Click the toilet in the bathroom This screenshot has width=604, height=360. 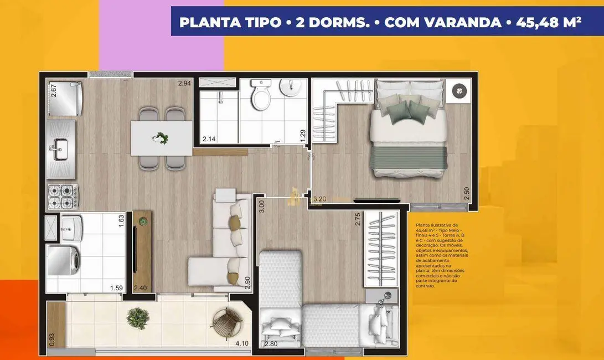point(260,95)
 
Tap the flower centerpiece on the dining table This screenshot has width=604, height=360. point(162,138)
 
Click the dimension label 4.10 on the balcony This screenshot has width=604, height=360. point(241,343)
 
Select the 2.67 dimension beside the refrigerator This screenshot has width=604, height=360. point(54,90)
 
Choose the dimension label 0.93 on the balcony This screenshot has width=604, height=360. point(52,339)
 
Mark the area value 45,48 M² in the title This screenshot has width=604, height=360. point(548,23)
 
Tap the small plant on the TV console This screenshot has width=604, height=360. point(143,222)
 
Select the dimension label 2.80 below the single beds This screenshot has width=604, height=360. point(271,344)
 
